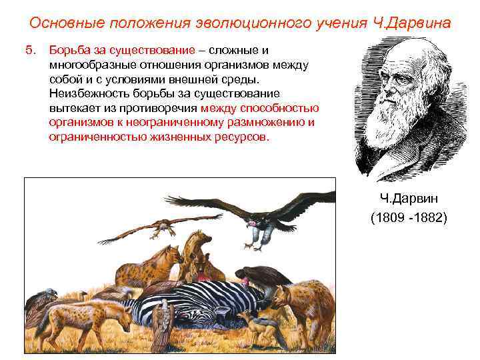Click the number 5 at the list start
pos(29,51)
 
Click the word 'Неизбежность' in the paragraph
pos(87,93)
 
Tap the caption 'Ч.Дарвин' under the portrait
pos(408,199)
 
